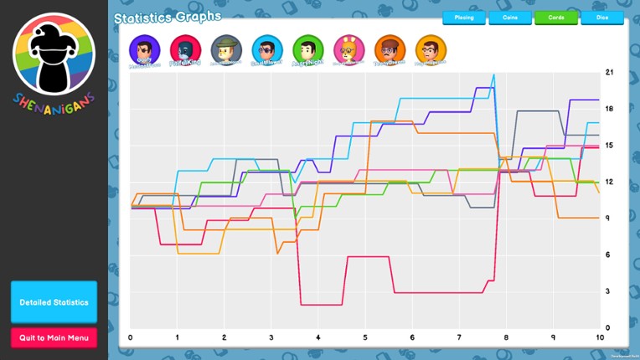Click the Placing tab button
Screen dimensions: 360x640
click(x=463, y=17)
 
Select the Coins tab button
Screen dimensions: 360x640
click(x=509, y=17)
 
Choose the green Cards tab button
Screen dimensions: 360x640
click(x=555, y=17)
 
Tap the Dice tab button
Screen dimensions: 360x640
click(x=601, y=17)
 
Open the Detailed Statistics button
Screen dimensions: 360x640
click(x=54, y=302)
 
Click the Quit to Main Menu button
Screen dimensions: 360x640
click(x=54, y=337)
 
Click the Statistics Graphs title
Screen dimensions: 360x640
click(x=168, y=16)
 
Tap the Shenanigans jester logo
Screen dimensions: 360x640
click(x=54, y=56)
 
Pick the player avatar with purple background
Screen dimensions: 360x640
click(x=144, y=49)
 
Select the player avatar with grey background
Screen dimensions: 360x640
click(x=226, y=49)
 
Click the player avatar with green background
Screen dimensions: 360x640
click(x=307, y=49)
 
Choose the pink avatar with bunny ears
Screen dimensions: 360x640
click(x=348, y=49)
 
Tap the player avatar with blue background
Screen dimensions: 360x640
click(x=267, y=49)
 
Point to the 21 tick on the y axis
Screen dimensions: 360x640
click(x=610, y=72)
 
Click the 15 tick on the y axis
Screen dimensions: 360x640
click(x=610, y=145)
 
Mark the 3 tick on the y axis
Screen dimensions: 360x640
click(x=610, y=291)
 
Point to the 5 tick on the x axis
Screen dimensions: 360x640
click(x=365, y=337)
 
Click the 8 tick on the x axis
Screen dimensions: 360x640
click(x=506, y=337)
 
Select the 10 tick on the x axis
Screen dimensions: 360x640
click(x=599, y=337)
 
